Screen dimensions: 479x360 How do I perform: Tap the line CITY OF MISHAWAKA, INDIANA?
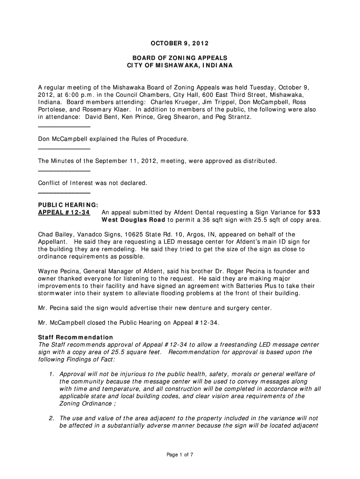(180, 65)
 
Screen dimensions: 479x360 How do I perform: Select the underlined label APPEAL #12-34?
(64, 213)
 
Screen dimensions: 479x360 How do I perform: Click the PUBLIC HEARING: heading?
(68, 205)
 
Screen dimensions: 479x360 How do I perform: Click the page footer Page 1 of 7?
(180, 455)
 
